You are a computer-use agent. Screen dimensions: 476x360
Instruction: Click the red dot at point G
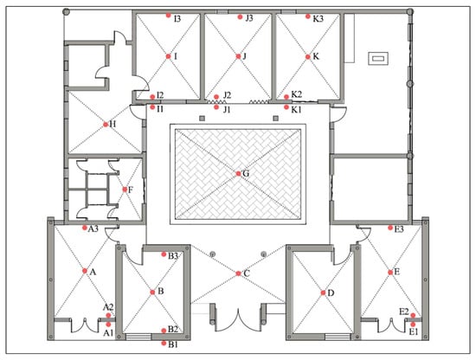238,174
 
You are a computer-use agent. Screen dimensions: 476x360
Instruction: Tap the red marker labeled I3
169,16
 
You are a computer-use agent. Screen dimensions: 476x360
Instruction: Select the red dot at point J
238,56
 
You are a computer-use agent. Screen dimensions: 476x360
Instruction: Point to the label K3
318,19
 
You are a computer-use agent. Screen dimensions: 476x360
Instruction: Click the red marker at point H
106,125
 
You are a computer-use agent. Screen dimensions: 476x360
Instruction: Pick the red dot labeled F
125,190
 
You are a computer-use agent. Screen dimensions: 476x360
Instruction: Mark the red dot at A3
85,228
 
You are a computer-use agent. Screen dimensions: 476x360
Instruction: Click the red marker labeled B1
164,344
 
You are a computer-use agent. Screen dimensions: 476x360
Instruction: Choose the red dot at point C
238,273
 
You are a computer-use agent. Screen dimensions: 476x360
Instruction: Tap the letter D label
331,292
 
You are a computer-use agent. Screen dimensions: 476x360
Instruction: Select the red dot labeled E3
390,228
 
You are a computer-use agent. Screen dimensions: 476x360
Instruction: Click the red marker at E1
413,325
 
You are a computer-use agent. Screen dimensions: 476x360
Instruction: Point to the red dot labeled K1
286,107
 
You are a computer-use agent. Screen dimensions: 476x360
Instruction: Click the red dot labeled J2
216,97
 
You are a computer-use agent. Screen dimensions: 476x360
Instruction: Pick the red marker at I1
152,107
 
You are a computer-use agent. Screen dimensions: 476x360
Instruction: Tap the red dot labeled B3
164,254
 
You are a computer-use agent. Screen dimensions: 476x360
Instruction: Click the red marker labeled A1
109,325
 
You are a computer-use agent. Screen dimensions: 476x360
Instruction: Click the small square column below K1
275,118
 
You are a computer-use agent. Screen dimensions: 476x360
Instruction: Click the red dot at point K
308,57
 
